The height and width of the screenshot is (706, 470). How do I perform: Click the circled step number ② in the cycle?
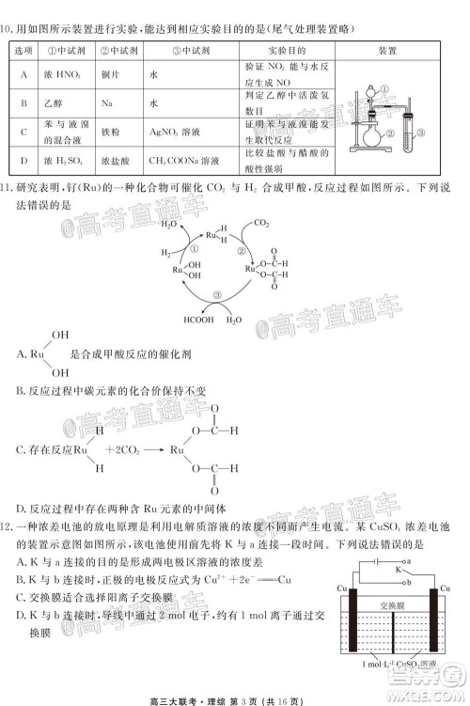242,251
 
